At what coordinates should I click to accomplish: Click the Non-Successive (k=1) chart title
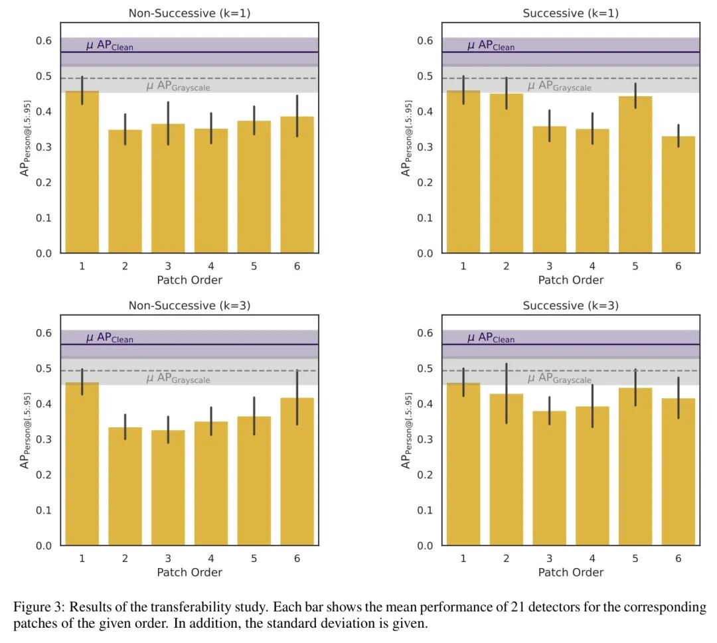click(189, 13)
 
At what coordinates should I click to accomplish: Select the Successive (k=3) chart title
click(570, 306)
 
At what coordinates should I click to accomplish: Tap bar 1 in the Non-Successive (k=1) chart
click(82, 173)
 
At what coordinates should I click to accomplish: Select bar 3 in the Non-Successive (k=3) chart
click(167, 488)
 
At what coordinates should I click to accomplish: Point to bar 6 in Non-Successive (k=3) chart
click(297, 471)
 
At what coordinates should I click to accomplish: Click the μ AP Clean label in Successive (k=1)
click(491, 46)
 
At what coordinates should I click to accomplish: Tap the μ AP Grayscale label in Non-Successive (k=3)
click(178, 379)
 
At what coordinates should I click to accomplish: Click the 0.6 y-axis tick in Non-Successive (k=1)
click(44, 41)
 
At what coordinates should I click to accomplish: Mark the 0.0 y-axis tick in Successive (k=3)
click(425, 546)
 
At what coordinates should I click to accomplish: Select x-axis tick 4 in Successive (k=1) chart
click(592, 266)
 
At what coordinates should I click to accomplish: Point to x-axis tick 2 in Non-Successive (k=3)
click(125, 559)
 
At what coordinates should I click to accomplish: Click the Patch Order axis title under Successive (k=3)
click(570, 572)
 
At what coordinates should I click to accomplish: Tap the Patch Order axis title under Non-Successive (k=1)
click(189, 279)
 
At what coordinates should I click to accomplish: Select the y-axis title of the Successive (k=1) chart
click(407, 138)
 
